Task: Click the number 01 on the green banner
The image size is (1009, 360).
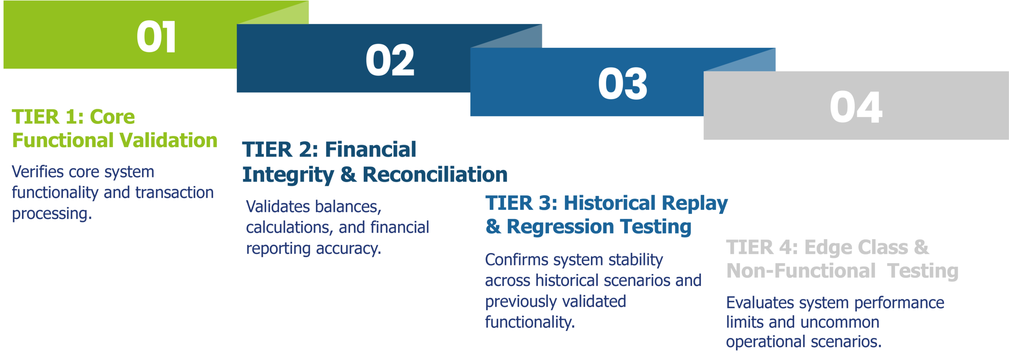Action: (156, 37)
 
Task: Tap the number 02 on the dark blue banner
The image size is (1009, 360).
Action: (390, 60)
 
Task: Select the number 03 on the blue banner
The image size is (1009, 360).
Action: (623, 84)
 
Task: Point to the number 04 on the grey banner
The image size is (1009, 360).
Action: (856, 107)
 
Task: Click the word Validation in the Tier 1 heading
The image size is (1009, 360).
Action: (168, 140)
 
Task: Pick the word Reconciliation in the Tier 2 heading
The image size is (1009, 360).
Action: (435, 175)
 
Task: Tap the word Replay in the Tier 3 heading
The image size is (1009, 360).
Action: (695, 204)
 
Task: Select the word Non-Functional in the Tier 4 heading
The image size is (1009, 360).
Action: (801, 271)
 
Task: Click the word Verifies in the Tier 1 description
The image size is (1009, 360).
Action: (38, 172)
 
